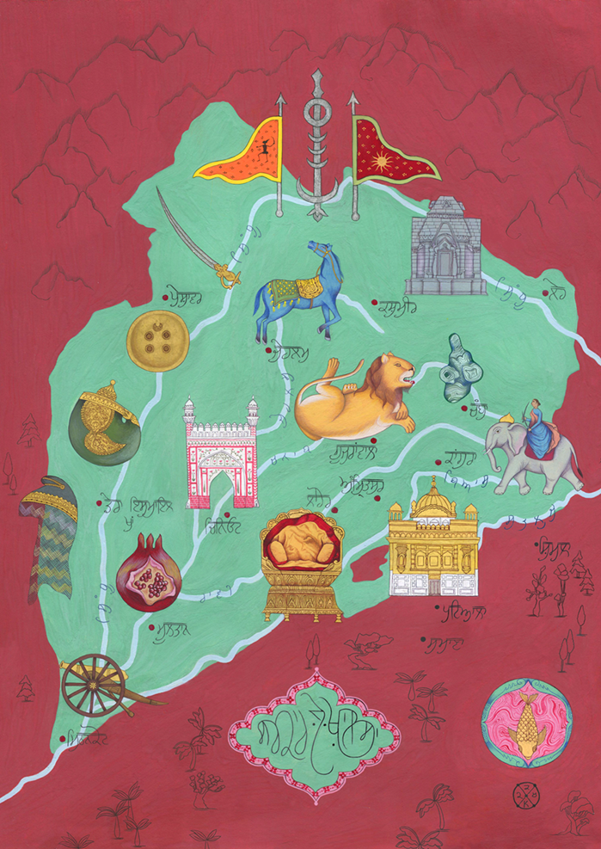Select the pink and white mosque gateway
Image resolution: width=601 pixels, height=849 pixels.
click(222, 456)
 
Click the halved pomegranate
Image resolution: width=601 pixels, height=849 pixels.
click(143, 571)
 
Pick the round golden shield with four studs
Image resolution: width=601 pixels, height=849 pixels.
click(157, 341)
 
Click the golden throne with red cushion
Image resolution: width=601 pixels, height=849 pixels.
click(302, 563)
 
